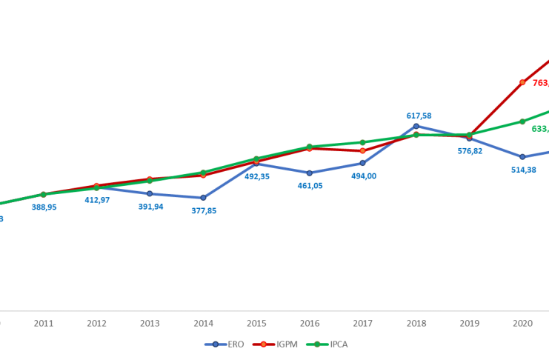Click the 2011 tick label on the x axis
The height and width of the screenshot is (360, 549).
pyautogui.click(x=43, y=324)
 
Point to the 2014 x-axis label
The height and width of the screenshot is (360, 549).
pyautogui.click(x=203, y=324)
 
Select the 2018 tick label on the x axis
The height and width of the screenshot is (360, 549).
pyautogui.click(x=416, y=324)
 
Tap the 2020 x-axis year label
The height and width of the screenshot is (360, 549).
pyautogui.click(x=522, y=324)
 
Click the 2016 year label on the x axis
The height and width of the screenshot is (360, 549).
pyautogui.click(x=309, y=324)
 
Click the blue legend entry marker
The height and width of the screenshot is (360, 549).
pyautogui.click(x=215, y=344)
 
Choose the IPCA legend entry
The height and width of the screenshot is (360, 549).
pyautogui.click(x=329, y=344)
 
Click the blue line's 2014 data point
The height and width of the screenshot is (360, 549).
pyautogui.click(x=203, y=198)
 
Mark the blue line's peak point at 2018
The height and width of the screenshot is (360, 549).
pyautogui.click(x=416, y=126)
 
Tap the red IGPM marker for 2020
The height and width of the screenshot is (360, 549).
pyautogui.click(x=522, y=82)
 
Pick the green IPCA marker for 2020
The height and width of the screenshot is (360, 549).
pyautogui.click(x=522, y=121)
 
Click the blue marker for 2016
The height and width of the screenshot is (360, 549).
pyautogui.click(x=310, y=173)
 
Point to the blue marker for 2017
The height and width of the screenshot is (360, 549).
pyautogui.click(x=362, y=163)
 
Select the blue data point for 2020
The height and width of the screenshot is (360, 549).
pyautogui.click(x=522, y=157)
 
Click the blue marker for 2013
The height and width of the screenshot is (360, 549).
pyautogui.click(x=150, y=193)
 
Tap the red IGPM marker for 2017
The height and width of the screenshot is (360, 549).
pyautogui.click(x=362, y=150)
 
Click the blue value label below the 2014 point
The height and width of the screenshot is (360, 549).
pyautogui.click(x=204, y=211)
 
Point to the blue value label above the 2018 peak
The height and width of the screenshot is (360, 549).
pyautogui.click(x=419, y=116)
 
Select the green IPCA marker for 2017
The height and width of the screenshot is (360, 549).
pyautogui.click(x=362, y=142)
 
